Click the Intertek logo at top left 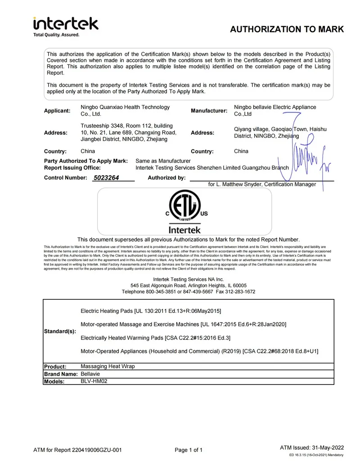(x=66, y=23)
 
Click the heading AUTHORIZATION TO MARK (x=287, y=30)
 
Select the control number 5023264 (x=106, y=178)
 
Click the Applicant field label (x=57, y=111)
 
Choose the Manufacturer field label (x=209, y=111)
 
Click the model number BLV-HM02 (x=94, y=381)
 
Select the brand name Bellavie (x=90, y=374)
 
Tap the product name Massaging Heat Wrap (x=108, y=366)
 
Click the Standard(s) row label (x=60, y=331)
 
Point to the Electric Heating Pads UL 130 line (x=150, y=311)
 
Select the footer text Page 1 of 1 (x=189, y=450)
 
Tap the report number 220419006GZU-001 (x=96, y=450)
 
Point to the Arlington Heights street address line (x=189, y=285)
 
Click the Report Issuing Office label (x=72, y=168)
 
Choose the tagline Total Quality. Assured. (x=56, y=35)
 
